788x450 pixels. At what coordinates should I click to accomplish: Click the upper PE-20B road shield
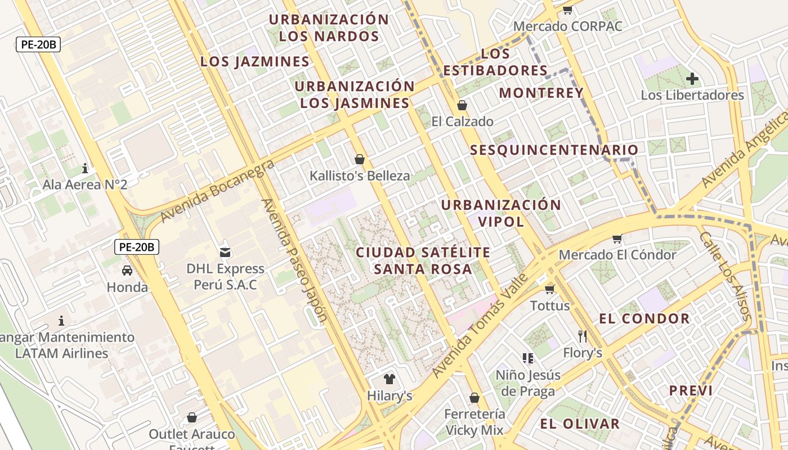[38, 44]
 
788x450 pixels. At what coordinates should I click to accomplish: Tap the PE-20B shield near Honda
[137, 246]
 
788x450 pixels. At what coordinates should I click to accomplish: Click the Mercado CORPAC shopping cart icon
[567, 10]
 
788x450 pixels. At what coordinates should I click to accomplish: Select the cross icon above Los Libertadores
[692, 79]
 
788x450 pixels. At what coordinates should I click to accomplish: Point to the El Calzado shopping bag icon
[462, 105]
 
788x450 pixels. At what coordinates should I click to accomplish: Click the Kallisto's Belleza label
[360, 176]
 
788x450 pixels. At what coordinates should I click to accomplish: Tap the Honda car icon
[127, 271]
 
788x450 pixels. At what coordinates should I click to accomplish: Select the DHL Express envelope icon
[225, 252]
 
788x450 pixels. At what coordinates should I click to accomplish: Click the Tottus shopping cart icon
[550, 289]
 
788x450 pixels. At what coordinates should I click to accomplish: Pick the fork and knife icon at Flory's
[583, 336]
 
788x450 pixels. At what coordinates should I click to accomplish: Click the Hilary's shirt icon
[389, 379]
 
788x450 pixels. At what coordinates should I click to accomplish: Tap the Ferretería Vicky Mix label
[474, 422]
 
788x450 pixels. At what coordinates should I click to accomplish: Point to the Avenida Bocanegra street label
[217, 190]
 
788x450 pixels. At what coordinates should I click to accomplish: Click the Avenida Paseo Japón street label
[294, 260]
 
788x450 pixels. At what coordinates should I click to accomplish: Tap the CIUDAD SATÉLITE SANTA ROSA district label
[423, 260]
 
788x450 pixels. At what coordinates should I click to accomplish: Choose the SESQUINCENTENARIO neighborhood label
[554, 150]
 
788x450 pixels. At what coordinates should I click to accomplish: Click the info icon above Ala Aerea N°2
[85, 168]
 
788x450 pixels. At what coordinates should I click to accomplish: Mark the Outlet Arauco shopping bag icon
[192, 417]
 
